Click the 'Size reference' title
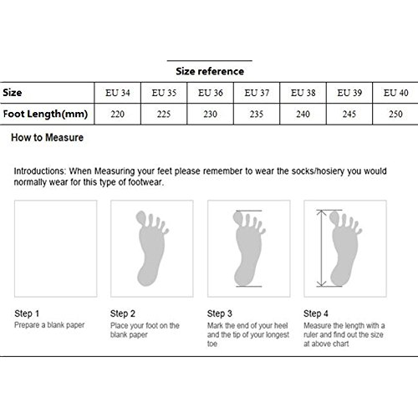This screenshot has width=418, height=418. point(210,71)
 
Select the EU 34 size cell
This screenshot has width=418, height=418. point(118,93)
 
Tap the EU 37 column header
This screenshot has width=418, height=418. point(257,93)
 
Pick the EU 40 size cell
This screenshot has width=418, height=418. point(395,93)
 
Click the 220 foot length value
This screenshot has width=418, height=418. point(117,114)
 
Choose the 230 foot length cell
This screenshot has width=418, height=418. point(210,114)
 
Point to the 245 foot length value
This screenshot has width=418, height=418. point(349,114)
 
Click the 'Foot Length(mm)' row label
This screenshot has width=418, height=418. point(45,114)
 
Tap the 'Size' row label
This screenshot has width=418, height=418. point(13,93)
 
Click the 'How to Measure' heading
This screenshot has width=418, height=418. point(47,137)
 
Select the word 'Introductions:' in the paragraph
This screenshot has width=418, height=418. point(39,171)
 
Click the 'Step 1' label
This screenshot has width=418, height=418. point(27,313)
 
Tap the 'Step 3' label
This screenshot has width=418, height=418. point(220,313)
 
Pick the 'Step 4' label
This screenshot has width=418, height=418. point(316,313)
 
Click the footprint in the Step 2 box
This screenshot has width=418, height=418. point(151,248)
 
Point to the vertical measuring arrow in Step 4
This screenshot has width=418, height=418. point(321,248)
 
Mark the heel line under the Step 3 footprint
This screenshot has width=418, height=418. point(249,286)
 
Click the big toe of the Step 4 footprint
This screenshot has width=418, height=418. point(334,217)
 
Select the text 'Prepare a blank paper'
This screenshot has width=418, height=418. point(49,325)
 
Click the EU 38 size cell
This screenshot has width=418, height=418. point(303,93)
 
